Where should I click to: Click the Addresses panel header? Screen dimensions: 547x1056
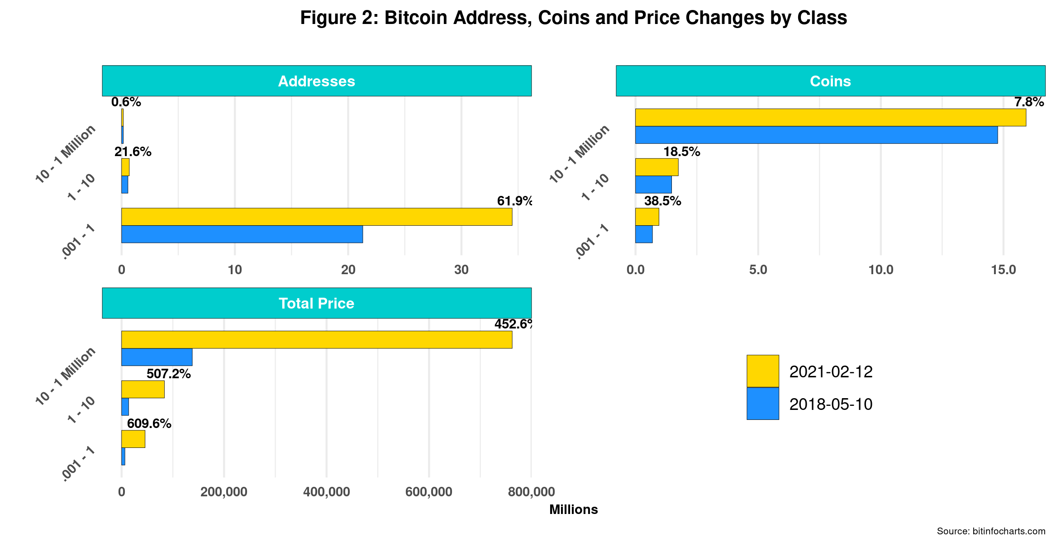(316, 81)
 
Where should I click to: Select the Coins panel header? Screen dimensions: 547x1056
(830, 81)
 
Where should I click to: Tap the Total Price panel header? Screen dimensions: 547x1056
(316, 303)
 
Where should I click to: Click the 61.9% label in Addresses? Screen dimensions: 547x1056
(514, 201)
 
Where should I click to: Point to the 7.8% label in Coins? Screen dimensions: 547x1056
(1029, 102)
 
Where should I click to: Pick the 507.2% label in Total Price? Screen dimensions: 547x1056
(168, 374)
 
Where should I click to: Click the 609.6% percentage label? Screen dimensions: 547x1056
(149, 423)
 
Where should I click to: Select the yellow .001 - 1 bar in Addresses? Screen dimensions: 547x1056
(317, 217)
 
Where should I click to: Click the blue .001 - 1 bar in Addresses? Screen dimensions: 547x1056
(242, 234)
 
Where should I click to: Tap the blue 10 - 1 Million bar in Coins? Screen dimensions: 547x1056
(816, 135)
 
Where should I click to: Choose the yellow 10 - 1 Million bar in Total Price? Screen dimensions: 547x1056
(317, 340)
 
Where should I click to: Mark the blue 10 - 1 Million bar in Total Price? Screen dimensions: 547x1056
(157, 357)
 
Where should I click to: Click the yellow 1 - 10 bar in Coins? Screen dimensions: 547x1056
(656, 167)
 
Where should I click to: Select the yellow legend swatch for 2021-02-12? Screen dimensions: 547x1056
(762, 371)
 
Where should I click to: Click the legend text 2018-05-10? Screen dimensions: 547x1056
(831, 404)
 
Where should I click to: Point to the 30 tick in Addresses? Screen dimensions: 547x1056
(461, 270)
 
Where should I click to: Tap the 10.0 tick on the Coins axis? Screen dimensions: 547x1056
(880, 270)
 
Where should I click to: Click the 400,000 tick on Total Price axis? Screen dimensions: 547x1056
(326, 492)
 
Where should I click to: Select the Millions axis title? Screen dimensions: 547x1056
(573, 510)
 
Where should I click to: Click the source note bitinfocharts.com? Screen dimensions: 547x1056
(991, 531)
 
